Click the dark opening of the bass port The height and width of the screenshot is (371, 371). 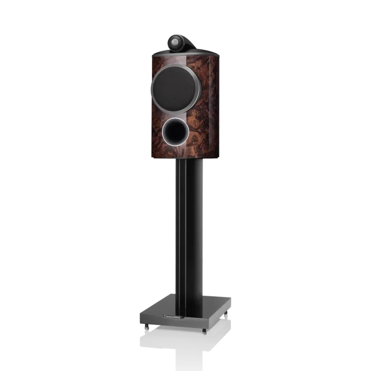click(175, 129)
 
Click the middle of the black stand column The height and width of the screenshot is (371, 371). click(187, 228)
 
